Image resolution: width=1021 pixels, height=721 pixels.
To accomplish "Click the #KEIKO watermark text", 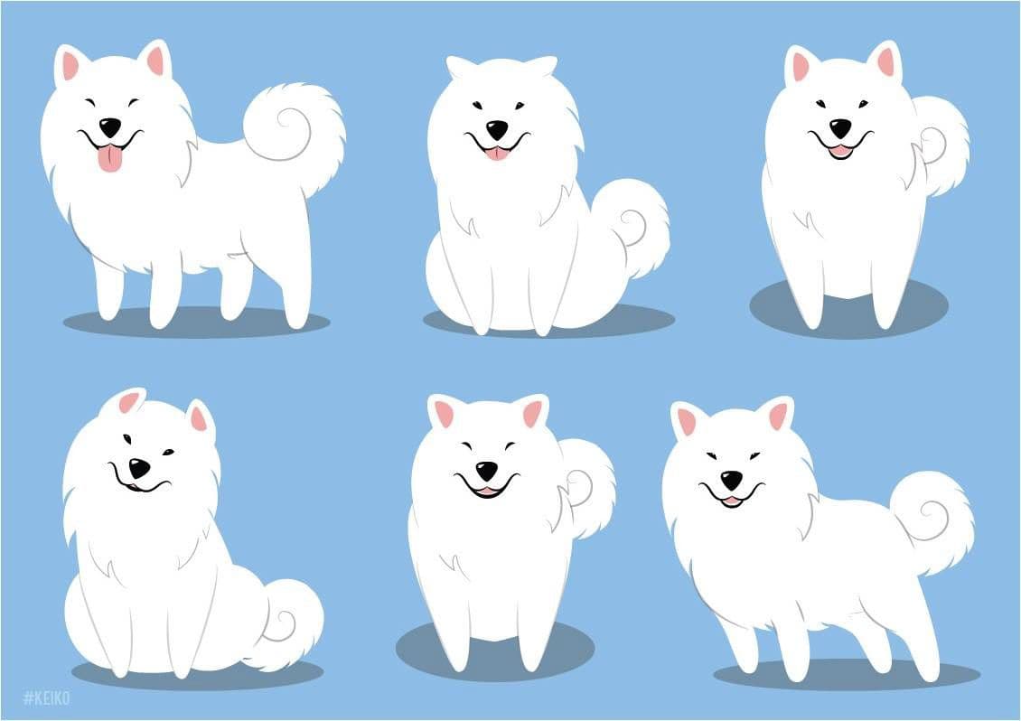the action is [46, 698].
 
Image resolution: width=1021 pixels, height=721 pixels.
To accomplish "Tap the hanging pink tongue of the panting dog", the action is [110, 159].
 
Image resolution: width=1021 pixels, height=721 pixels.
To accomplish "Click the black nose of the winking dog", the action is [139, 468].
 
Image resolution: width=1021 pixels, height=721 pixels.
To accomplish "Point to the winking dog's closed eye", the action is [168, 452].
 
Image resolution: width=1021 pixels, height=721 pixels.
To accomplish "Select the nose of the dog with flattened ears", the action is [497, 129].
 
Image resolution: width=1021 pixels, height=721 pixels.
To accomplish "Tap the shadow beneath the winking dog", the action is [195, 674].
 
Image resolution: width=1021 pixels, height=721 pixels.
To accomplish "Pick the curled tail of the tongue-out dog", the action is [296, 134].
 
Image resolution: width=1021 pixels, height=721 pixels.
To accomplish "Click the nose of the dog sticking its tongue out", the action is [109, 127].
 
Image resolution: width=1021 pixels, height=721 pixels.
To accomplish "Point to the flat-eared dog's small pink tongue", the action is [497, 153].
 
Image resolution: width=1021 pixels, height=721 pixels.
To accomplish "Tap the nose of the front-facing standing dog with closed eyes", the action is [486, 470].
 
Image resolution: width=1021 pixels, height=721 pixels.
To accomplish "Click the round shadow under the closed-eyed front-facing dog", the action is [495, 651].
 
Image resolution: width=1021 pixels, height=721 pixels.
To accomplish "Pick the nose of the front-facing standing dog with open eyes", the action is [840, 127].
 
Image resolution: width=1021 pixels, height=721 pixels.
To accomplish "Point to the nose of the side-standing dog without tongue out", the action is [731, 481].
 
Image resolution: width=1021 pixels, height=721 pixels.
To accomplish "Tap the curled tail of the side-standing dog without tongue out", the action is [934, 521].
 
